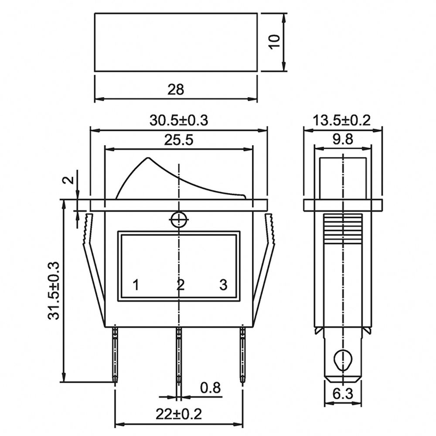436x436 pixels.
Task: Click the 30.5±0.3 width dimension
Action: [179, 121]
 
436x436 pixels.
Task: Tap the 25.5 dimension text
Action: [178, 140]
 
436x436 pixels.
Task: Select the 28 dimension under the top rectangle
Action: [176, 89]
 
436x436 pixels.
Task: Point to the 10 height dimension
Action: [274, 42]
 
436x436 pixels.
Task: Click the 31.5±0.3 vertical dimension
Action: [54, 290]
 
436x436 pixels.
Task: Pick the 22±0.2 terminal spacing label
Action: [178, 414]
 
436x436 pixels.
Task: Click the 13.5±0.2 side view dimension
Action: [342, 121]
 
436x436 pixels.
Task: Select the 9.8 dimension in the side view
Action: [343, 139]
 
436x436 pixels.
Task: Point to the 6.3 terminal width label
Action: [343, 393]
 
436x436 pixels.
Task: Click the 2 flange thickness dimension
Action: [69, 180]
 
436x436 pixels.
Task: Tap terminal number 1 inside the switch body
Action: [136, 285]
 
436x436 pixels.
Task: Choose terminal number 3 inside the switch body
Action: [223, 285]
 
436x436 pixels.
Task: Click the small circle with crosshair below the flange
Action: [179, 220]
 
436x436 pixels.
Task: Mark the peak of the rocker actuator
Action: [148, 158]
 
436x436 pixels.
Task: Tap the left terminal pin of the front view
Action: [115, 355]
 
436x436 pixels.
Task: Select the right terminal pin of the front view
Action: [243, 355]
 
